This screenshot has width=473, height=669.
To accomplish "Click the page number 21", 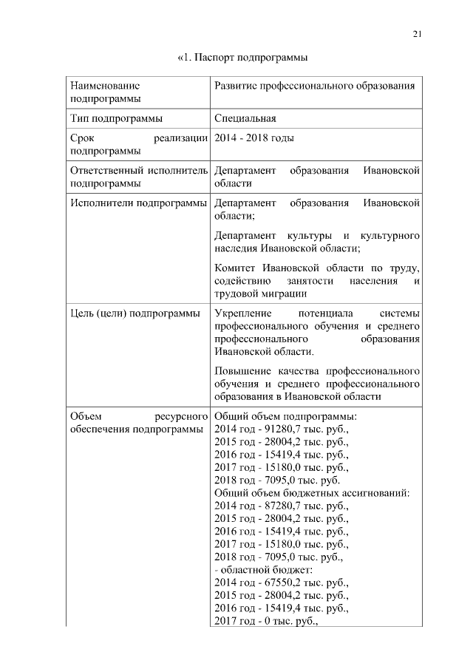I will [x=417, y=33].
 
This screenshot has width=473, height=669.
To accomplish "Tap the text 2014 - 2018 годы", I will [x=253, y=137].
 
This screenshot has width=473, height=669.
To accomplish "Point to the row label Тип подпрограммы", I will [x=116, y=118].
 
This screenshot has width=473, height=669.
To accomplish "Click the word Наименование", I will [x=105, y=86].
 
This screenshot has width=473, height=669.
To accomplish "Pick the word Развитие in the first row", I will [x=234, y=86].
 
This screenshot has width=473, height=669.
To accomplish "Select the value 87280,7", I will [x=278, y=506].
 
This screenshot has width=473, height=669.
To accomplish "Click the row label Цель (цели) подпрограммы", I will [x=134, y=313].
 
